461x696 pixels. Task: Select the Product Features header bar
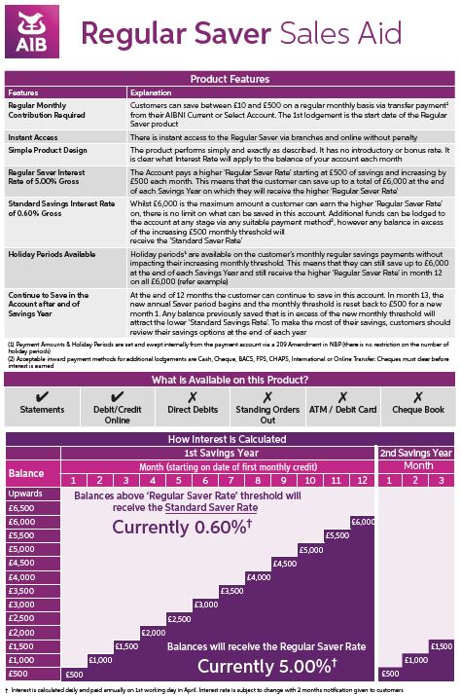tap(230, 79)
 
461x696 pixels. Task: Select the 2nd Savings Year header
tap(415, 453)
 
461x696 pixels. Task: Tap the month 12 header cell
tap(362, 481)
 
